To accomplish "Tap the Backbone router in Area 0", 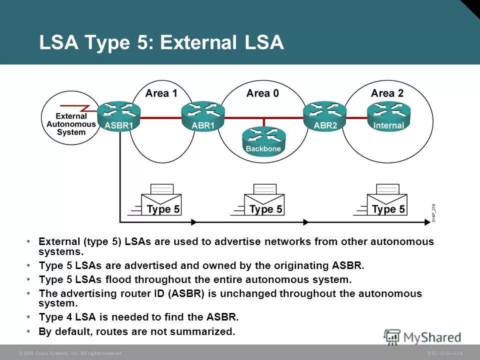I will tap(264, 139).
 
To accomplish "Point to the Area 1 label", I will tap(161, 93).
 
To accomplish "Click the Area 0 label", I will tap(262, 93).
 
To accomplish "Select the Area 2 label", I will tap(387, 93).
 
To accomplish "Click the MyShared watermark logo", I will tap(422, 337).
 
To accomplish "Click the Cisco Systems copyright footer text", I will tap(70, 353).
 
